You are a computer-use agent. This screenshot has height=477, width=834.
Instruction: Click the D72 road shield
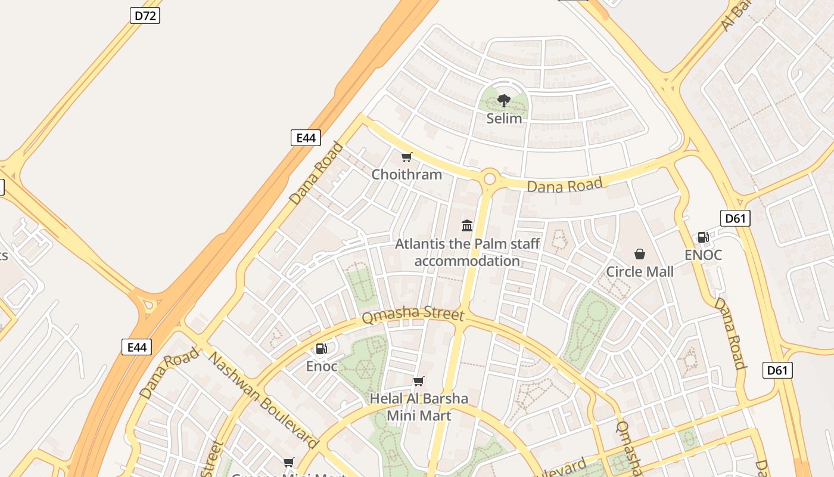[145, 16]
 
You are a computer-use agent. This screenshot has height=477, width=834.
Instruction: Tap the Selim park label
[504, 118]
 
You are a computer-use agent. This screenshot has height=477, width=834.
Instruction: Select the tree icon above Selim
[504, 100]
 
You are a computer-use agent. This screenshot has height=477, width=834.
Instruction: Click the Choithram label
[407, 174]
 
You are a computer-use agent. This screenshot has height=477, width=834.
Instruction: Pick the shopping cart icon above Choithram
[407, 157]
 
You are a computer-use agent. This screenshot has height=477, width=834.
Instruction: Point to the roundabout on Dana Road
[490, 178]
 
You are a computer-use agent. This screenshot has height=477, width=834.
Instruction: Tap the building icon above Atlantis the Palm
[467, 225]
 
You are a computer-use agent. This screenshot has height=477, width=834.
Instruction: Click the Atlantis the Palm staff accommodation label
[468, 252]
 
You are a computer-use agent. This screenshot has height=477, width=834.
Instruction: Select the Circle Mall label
[640, 272]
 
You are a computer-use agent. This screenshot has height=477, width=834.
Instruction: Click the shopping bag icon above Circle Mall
[640, 255]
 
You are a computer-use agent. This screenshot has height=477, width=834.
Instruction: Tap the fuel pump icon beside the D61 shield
[703, 237]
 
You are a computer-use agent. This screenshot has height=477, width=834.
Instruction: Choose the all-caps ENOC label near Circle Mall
[703, 255]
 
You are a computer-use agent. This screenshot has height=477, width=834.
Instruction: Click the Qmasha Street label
[412, 315]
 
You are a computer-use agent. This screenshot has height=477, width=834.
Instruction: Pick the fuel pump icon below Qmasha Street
[322, 349]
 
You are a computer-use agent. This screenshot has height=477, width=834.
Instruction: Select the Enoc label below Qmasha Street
[322, 366]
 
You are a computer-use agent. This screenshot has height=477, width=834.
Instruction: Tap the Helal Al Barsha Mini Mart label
[419, 407]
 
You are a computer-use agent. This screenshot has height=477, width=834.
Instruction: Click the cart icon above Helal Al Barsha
[419, 381]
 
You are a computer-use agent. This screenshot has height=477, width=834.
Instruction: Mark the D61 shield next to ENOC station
[735, 218]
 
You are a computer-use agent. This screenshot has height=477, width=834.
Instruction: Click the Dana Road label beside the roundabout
[565, 185]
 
